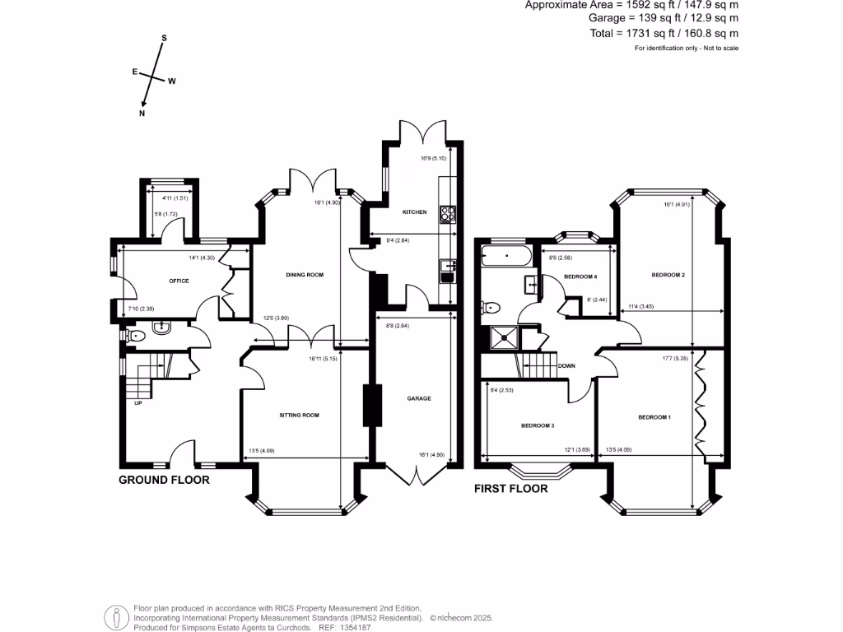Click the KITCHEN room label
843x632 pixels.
pos(414,212)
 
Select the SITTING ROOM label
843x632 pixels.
pos(299,416)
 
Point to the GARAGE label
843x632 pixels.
pos(418,398)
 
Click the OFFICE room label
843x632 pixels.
pos(179,281)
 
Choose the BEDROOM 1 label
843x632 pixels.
pos(654,418)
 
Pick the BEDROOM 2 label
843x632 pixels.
pos(668,275)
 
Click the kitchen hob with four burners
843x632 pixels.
pos(448,214)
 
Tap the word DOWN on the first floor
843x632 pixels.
pos(566,366)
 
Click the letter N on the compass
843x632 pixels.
pos(142,114)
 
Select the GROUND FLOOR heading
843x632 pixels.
pos(164,480)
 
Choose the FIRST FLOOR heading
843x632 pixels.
pos(510,489)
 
